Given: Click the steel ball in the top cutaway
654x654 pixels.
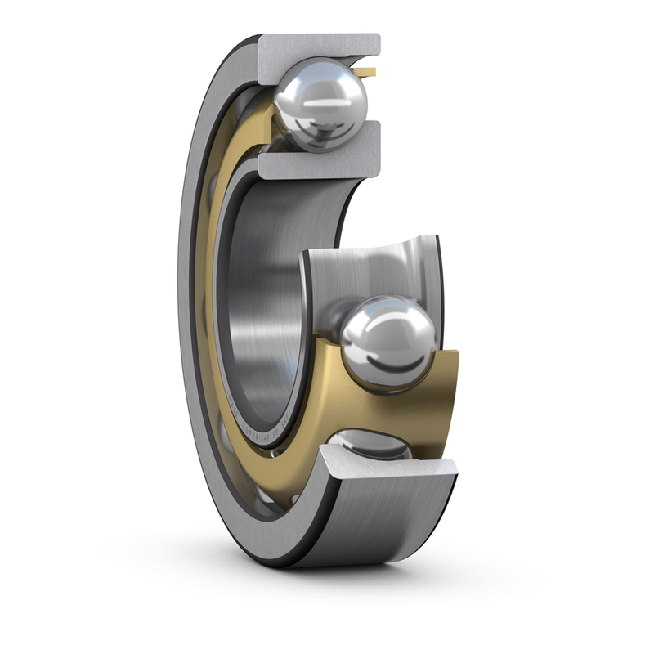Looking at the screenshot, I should (321, 104).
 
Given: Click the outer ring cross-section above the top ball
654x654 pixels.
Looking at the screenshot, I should (319, 49).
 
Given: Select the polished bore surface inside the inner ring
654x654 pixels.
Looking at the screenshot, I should (270, 286).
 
